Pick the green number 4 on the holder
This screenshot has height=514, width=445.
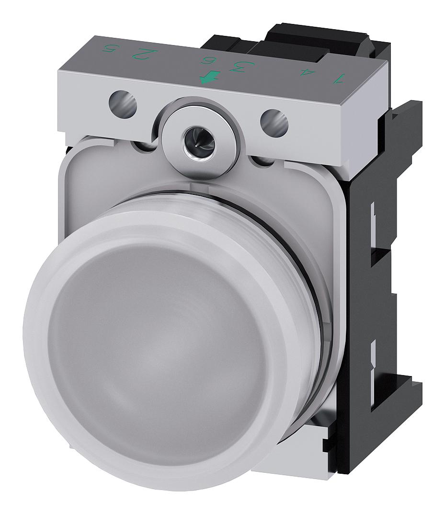pyautogui.click(x=302, y=72)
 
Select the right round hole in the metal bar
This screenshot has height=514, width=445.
pyautogui.click(x=274, y=122)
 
